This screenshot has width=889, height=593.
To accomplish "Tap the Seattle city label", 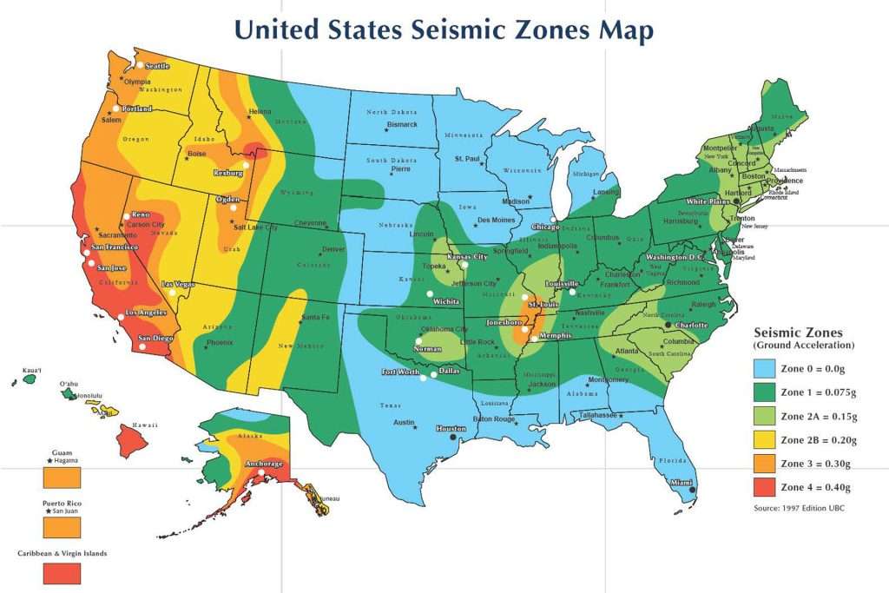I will click(x=158, y=66).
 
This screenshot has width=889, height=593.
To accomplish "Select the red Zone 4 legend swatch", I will click(x=765, y=487).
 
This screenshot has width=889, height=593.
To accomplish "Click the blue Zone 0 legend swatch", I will click(x=765, y=369).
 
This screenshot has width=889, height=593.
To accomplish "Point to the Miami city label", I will click(x=681, y=483).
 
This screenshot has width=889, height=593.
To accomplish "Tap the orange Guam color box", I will click(x=62, y=478).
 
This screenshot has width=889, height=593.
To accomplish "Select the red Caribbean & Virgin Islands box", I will click(x=62, y=573).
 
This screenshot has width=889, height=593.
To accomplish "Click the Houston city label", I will click(x=451, y=428).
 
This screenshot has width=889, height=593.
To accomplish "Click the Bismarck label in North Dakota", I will click(x=402, y=124).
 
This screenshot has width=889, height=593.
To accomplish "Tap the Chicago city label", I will click(x=546, y=227).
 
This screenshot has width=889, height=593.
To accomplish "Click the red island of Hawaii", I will click(x=131, y=442).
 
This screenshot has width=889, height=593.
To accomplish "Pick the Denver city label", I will click(x=333, y=249).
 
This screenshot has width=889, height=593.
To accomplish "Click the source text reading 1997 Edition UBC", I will click(x=799, y=507).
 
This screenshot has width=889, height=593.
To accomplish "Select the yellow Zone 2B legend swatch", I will click(x=765, y=440).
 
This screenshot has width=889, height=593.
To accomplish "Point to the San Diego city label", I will click(x=156, y=338).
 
